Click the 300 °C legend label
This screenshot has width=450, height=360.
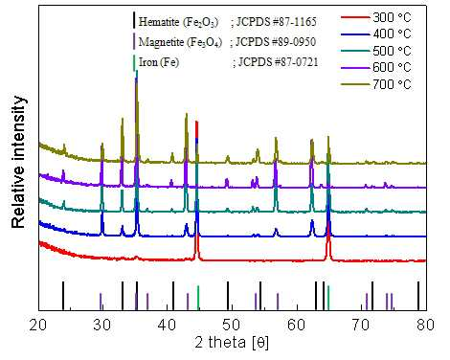click(x=392, y=17)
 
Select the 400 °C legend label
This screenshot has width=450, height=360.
click(x=392, y=34)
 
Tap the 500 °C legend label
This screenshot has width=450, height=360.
click(x=392, y=51)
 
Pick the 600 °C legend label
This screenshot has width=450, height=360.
click(x=392, y=67)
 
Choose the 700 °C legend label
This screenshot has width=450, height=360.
click(x=392, y=84)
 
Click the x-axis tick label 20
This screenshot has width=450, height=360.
click(x=38, y=325)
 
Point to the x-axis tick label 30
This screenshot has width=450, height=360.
click(x=102, y=325)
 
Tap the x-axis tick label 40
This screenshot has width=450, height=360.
click(x=168, y=325)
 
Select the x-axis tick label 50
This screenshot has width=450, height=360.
click(x=232, y=325)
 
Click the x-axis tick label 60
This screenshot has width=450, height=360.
click(x=297, y=325)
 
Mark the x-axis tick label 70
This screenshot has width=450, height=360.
click(x=361, y=325)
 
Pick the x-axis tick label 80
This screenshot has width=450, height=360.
click(x=426, y=325)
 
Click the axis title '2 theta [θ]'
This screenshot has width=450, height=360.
click(x=232, y=343)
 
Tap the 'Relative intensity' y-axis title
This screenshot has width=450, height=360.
click(x=18, y=162)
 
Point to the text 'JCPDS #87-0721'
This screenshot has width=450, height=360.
click(x=278, y=62)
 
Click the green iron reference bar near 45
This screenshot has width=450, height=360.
click(x=198, y=298)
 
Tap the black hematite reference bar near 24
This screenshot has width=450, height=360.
click(x=63, y=296)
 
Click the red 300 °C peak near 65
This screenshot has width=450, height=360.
click(x=328, y=241)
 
